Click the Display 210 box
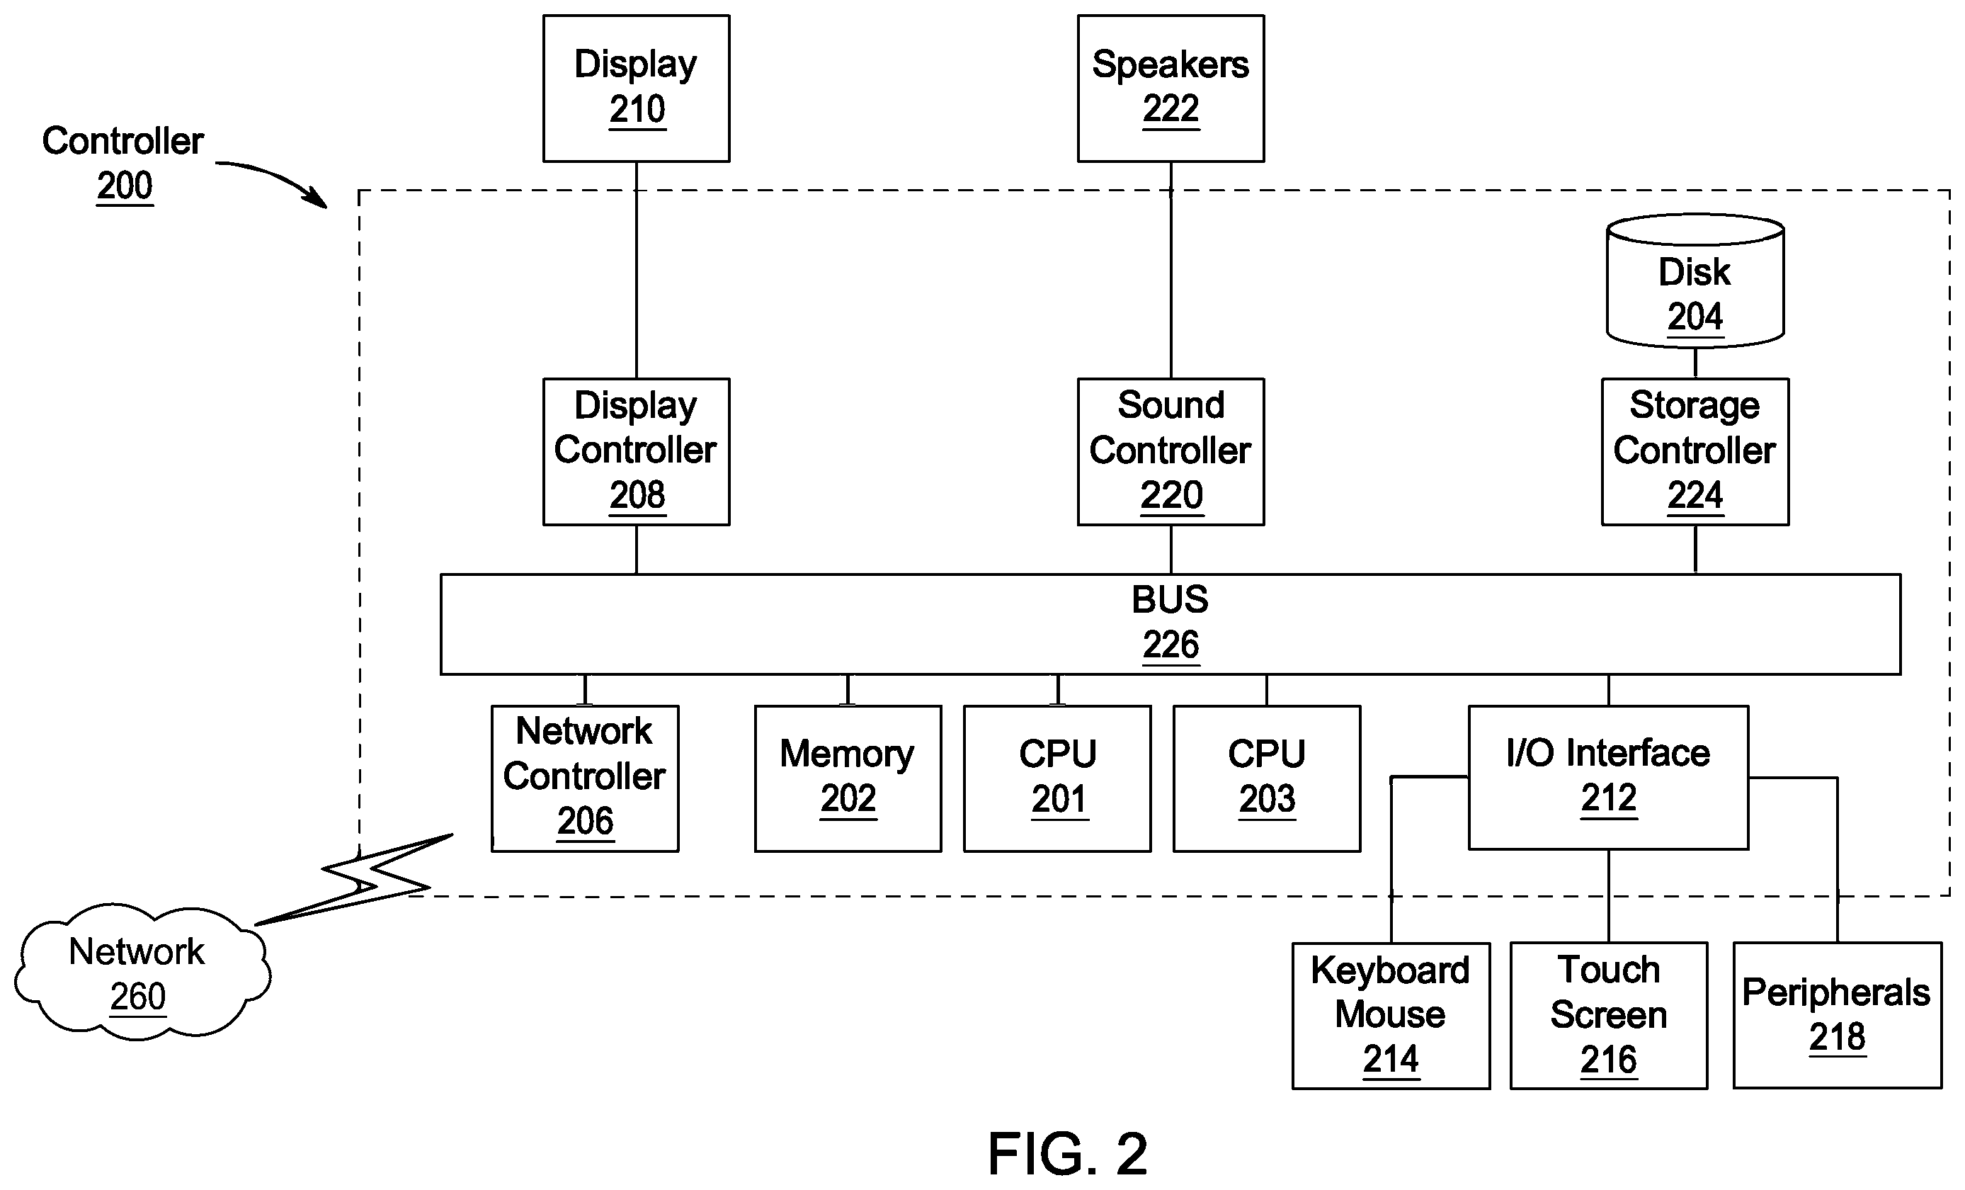tap(637, 89)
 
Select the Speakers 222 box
tap(1171, 89)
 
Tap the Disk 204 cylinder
tap(1695, 280)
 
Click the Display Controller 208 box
tap(637, 451)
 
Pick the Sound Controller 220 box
tap(1171, 451)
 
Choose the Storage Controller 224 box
tap(1695, 451)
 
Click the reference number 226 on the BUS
tap(1171, 645)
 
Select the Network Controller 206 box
tap(585, 778)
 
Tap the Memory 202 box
tap(848, 778)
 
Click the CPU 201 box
tap(1057, 778)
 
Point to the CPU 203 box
tap(1266, 778)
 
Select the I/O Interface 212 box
tap(1609, 778)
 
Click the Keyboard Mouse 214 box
tap(1391, 1015)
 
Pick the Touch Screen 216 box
tap(1609, 1015)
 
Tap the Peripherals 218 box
tap(1838, 1015)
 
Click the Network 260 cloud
tap(142, 971)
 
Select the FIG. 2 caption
tap(1068, 1153)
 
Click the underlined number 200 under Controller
tap(125, 186)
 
